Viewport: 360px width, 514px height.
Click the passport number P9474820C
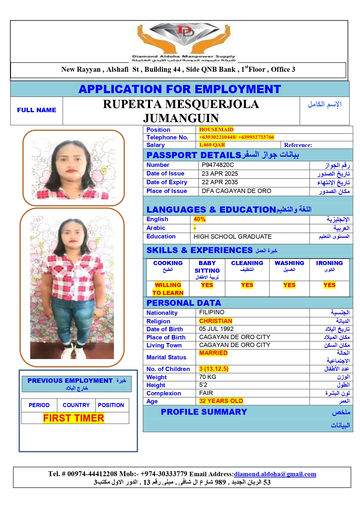[x=218, y=165]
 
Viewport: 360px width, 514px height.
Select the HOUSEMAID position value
[x=216, y=129]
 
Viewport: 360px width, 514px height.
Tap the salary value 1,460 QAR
[x=212, y=145]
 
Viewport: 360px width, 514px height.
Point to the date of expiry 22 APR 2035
[x=220, y=182]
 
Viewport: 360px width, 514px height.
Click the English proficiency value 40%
[x=199, y=219]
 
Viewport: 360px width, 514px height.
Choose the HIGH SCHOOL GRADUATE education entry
[x=232, y=237]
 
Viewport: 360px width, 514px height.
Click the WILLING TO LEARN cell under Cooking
[x=168, y=289]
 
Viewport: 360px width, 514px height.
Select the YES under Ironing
[x=329, y=285]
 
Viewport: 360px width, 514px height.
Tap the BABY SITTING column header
[x=207, y=267]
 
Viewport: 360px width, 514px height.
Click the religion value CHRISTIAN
[x=216, y=321]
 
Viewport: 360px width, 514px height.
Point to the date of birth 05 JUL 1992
[x=216, y=329]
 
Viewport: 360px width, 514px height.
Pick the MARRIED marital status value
[x=213, y=353]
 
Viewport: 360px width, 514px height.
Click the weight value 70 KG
[x=207, y=377]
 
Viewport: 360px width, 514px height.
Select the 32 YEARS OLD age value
[x=221, y=401]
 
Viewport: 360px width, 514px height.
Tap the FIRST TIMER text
[x=74, y=418]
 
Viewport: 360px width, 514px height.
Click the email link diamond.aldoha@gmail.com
[x=275, y=474]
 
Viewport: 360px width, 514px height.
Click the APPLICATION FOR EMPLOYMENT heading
[x=180, y=89]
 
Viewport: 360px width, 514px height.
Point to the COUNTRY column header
[x=76, y=405]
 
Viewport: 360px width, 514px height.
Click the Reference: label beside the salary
[x=298, y=145]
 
